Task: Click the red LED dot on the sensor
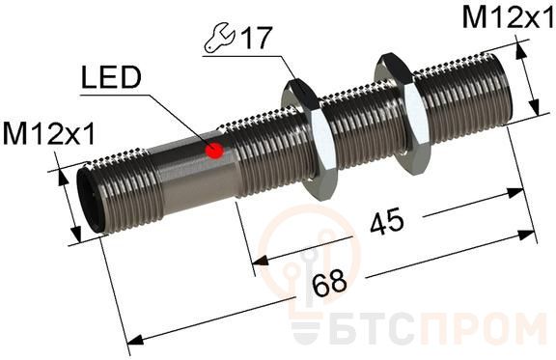tap(214, 150)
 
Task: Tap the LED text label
tap(111, 77)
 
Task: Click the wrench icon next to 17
tap(219, 39)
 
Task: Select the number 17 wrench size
tap(256, 38)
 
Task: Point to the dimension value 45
tap(387, 222)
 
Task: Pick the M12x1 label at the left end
tap(49, 133)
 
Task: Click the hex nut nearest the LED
tap(309, 139)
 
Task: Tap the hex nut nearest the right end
tap(403, 114)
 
